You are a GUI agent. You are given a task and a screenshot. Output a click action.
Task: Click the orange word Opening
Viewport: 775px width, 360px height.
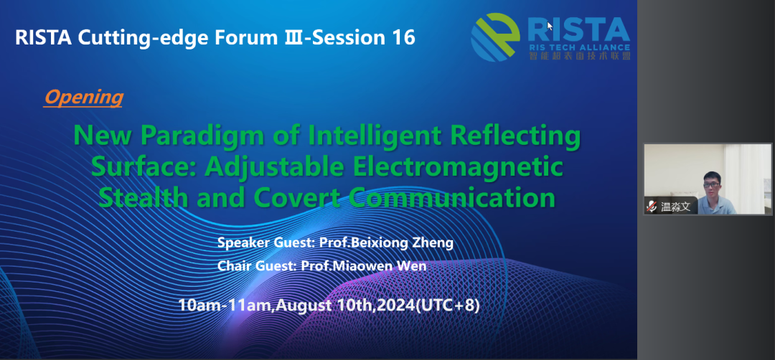83,98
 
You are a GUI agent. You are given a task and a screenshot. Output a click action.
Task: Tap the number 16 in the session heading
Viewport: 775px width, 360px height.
404,38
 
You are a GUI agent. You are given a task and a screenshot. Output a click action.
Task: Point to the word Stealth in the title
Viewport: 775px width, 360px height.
144,197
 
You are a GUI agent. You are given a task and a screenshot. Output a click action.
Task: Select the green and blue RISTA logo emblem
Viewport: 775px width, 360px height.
495,37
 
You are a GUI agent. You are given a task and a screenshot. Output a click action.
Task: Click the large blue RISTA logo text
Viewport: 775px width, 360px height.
579,30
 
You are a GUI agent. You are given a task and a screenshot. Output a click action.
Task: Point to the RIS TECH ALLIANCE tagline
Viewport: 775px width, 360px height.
579,47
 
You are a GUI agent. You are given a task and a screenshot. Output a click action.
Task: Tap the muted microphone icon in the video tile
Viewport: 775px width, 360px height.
652,207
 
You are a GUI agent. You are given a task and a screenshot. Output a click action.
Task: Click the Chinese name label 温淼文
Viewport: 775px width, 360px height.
675,207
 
